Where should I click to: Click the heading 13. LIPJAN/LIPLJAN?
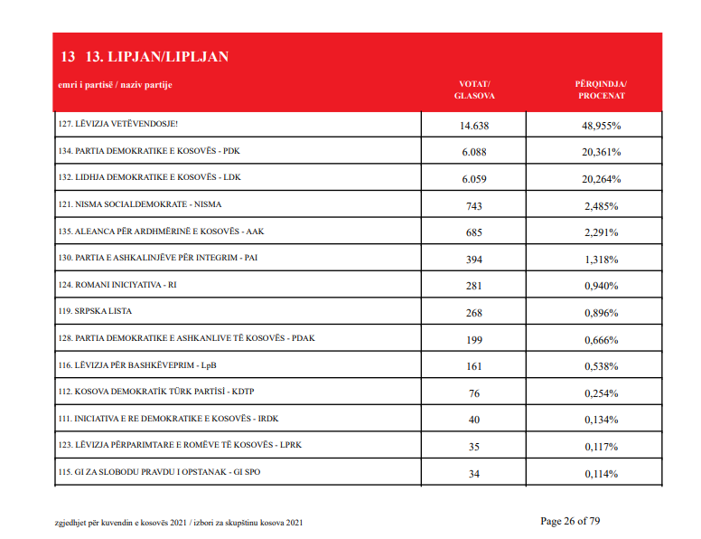pyautogui.click(x=157, y=56)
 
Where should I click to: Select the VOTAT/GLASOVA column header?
pyautogui.click(x=474, y=90)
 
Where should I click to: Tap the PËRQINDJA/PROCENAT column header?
pyautogui.click(x=601, y=90)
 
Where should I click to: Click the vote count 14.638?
pyautogui.click(x=474, y=126)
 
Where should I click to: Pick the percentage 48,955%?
pyautogui.click(x=602, y=126)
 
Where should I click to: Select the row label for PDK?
pyautogui.click(x=149, y=151)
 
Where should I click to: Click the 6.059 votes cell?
pyautogui.click(x=474, y=179)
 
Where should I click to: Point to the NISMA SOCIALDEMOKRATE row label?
pyautogui.click(x=139, y=204)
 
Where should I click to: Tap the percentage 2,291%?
pyautogui.click(x=602, y=232)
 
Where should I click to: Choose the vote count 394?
pyautogui.click(x=474, y=260)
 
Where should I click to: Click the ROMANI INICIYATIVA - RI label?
pyautogui.click(x=117, y=285)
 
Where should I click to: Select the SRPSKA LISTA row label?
pyautogui.click(x=95, y=311)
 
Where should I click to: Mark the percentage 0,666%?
pyautogui.click(x=602, y=340)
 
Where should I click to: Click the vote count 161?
pyautogui.click(x=474, y=366)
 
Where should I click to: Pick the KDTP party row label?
pyautogui.click(x=156, y=392)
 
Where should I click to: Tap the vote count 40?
pyautogui.click(x=474, y=420)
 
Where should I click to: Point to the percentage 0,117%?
pyautogui.click(x=602, y=447)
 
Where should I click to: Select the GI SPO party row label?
pyautogui.click(x=159, y=472)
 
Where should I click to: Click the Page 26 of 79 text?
pyautogui.click(x=570, y=521)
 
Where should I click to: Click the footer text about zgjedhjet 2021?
pyautogui.click(x=179, y=523)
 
